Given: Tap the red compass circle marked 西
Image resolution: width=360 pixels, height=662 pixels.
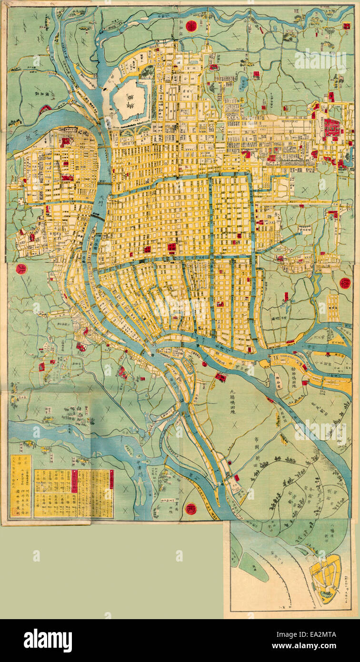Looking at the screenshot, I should (191, 509).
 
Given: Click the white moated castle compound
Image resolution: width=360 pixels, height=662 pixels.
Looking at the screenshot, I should (130, 100).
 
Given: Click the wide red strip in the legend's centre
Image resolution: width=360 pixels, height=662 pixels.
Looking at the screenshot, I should (74, 481).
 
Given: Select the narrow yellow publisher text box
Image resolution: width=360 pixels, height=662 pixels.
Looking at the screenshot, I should (21, 486).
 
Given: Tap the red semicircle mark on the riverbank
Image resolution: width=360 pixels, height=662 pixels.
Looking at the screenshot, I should (45, 109).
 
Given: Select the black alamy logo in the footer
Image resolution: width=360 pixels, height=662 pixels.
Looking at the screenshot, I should (48, 641).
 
